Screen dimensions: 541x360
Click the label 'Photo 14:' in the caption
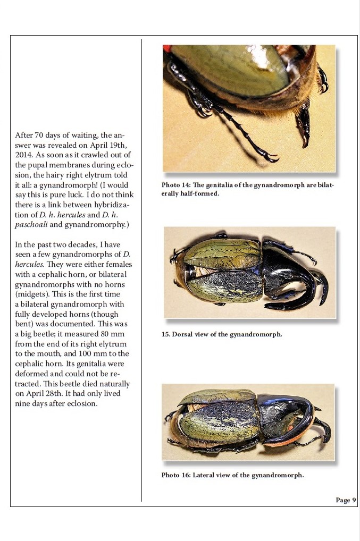pyautogui.click(x=175, y=185)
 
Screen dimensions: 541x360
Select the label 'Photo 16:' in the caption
pyautogui.click(x=176, y=475)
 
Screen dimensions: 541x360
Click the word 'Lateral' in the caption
pyautogui.click(x=205, y=475)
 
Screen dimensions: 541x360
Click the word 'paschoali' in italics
pyautogui.click(x=31, y=225)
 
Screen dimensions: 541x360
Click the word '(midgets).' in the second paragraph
pyautogui.click(x=33, y=294)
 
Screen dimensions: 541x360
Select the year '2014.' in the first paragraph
pyautogui.click(x=24, y=155)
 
